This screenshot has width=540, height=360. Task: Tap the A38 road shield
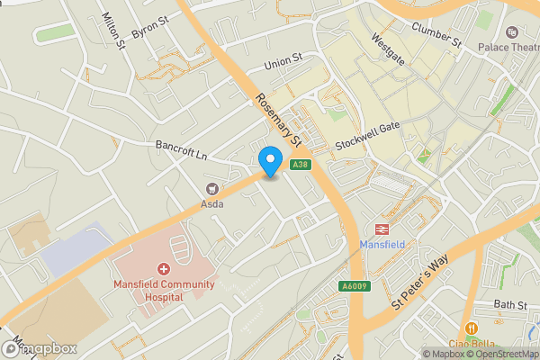[301, 164]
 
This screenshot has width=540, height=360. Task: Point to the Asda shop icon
[212, 188]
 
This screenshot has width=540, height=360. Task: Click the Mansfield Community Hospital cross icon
[164, 269]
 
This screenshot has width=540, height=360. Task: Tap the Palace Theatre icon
[513, 31]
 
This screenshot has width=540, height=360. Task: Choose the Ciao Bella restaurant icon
[471, 328]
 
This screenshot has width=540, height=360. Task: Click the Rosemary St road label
[276, 119]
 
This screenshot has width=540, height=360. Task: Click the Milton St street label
[112, 31]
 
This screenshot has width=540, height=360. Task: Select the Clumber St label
[436, 33]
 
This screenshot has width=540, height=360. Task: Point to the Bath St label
[509, 306]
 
